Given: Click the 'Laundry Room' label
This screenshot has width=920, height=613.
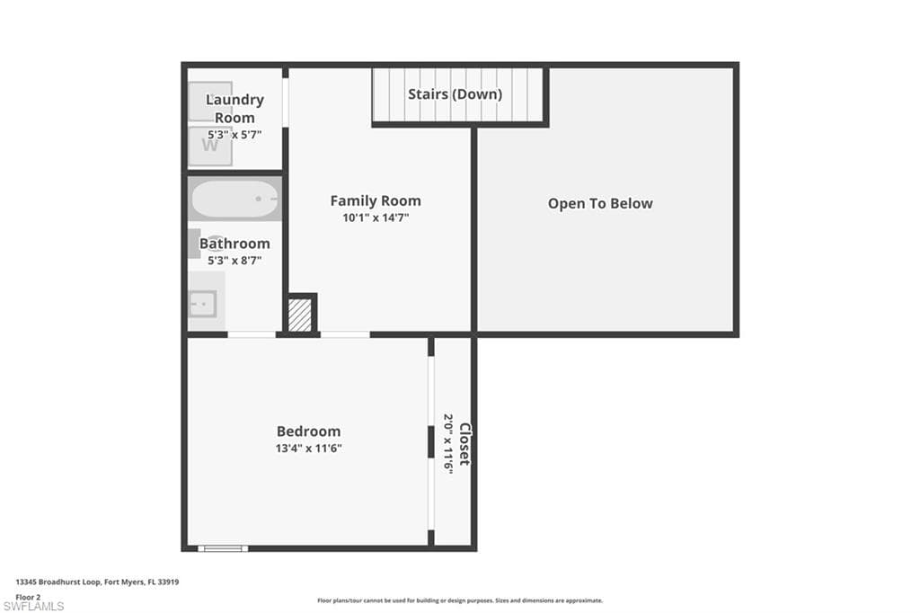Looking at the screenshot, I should [234, 108].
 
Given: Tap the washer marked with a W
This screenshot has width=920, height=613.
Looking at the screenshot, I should [209, 146].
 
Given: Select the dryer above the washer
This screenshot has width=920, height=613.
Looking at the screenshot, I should [209, 101].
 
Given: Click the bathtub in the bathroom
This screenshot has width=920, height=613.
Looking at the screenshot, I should [234, 200].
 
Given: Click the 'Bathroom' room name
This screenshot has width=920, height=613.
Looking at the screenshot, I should [234, 244].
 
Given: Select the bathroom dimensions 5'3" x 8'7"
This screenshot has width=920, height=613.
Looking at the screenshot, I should [234, 261].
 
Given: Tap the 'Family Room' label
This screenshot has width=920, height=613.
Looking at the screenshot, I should [375, 201].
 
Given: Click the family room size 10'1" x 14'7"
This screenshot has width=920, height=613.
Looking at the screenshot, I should [375, 218].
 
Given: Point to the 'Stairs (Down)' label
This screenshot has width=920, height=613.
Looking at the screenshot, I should [455, 94].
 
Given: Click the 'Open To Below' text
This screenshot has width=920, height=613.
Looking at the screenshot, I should [600, 204].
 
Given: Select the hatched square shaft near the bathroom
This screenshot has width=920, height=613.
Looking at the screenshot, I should [300, 315].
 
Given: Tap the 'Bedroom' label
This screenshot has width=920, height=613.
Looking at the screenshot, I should [308, 431].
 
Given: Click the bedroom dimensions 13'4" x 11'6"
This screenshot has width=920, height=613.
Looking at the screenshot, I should [308, 448].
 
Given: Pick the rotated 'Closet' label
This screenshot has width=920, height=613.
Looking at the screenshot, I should [464, 443].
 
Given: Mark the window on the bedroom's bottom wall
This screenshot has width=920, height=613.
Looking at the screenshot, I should [222, 547].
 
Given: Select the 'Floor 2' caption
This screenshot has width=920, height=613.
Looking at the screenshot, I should [28, 596].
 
